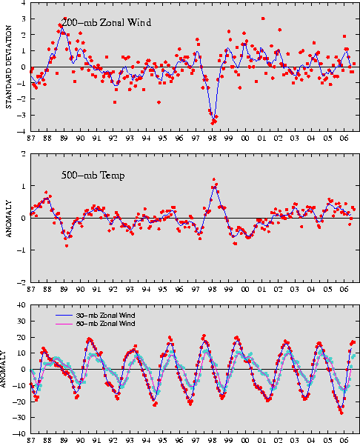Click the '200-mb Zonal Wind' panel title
106,22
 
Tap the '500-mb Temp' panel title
93,176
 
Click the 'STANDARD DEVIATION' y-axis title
9,67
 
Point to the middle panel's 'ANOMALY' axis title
9,219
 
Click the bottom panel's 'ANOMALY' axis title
3,369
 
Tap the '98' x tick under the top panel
212,138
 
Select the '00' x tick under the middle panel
245,290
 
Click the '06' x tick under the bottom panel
344,440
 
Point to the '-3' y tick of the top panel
22,115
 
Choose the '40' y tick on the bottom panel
22,305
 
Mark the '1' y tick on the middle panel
24,186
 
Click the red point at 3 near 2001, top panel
263,19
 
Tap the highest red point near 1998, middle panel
214,179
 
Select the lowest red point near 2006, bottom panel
341,413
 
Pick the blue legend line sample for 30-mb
64,316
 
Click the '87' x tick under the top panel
31,138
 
